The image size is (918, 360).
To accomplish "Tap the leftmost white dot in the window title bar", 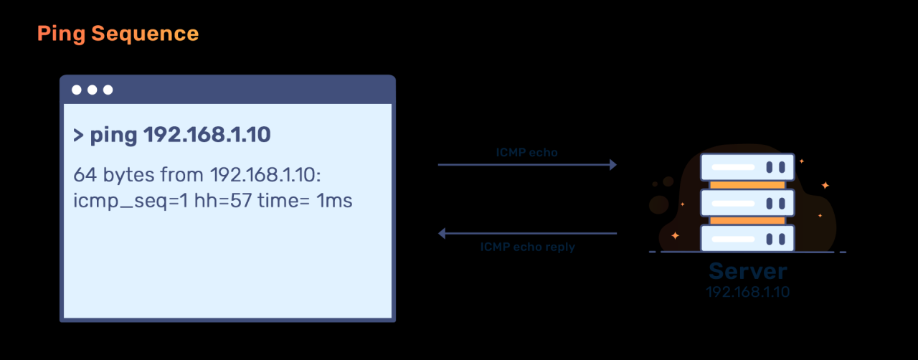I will pyautogui.click(x=77, y=90).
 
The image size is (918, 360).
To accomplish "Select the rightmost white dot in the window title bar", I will pyautogui.click(x=108, y=90).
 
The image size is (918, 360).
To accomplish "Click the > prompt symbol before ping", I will pyautogui.click(x=79, y=136).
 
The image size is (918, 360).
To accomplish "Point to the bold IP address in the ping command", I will pyautogui.click(x=207, y=136).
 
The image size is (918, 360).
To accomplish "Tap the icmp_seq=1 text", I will pyautogui.click(x=131, y=202).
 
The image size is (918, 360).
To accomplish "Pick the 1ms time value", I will pyautogui.click(x=334, y=201).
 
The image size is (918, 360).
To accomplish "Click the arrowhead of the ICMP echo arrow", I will pyautogui.click(x=613, y=165).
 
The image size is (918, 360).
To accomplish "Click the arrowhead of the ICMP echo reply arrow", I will pyautogui.click(x=443, y=233).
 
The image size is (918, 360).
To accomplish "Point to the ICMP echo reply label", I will pyautogui.click(x=527, y=247).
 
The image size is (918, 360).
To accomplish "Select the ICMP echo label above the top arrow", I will pyautogui.click(x=527, y=152).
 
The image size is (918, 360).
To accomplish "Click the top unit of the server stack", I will pyautogui.click(x=747, y=166).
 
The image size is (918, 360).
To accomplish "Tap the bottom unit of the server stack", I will pyautogui.click(x=747, y=239).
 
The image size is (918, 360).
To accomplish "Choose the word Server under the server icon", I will pyautogui.click(x=747, y=272).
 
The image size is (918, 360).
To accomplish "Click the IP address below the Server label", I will pyautogui.click(x=747, y=292).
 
